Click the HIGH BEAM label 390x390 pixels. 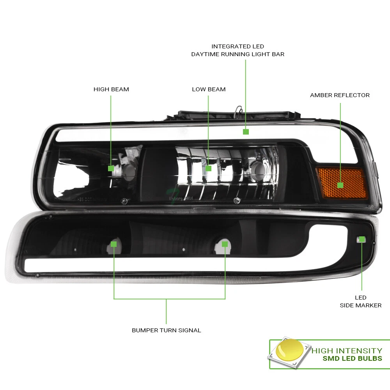111,89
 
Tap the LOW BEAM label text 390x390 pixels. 209,89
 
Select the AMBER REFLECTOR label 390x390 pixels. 340,95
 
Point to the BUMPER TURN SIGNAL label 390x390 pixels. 167,330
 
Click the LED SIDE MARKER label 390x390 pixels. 361,301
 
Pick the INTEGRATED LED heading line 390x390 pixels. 238,46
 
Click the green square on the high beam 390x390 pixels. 111,168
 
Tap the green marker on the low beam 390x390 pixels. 208,168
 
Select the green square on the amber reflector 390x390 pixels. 340,185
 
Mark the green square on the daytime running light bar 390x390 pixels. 246,132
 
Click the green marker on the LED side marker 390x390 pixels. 362,239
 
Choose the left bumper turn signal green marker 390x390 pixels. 113,244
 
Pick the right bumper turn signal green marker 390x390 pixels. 225,244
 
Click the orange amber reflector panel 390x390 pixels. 342,183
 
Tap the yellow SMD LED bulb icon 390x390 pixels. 289,350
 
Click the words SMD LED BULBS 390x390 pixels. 352,358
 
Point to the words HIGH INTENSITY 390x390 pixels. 347,351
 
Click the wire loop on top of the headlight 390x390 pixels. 238,111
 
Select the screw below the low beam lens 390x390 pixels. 237,200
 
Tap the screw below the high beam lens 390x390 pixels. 124,201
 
